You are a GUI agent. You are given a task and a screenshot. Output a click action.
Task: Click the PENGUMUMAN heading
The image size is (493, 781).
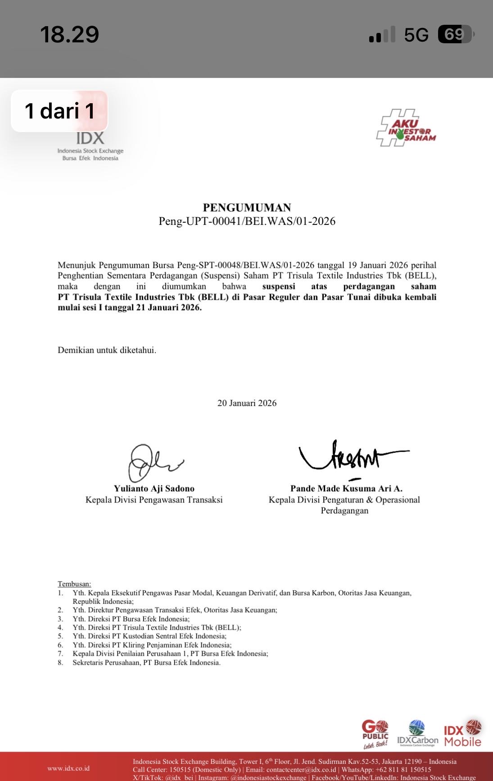click(247, 207)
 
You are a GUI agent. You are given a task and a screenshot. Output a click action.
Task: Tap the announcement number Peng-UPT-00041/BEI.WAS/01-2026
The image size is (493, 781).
click(247, 221)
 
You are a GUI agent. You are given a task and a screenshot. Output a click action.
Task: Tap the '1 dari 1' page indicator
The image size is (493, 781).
click(59, 111)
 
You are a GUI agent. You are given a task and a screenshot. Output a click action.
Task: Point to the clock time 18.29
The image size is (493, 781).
click(69, 34)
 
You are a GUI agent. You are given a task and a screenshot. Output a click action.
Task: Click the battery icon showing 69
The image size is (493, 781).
click(455, 34)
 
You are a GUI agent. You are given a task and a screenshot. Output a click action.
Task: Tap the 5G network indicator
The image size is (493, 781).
click(416, 35)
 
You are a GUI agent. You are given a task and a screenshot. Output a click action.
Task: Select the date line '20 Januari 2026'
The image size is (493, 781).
click(247, 403)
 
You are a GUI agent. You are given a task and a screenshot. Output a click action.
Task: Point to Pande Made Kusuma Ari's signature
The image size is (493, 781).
click(351, 457)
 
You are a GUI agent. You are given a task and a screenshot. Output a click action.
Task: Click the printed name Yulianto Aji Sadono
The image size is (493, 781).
click(154, 489)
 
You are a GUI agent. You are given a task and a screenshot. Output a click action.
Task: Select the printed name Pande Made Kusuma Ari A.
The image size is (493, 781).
click(346, 489)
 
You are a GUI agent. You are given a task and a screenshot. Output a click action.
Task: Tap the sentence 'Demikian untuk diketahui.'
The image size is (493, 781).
click(107, 350)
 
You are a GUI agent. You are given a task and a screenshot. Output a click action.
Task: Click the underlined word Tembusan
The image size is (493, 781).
click(74, 584)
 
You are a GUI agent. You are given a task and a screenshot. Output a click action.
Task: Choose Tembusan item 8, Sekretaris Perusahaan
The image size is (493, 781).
click(146, 662)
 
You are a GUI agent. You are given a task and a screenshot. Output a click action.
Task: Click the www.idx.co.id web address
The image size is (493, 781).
click(68, 768)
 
